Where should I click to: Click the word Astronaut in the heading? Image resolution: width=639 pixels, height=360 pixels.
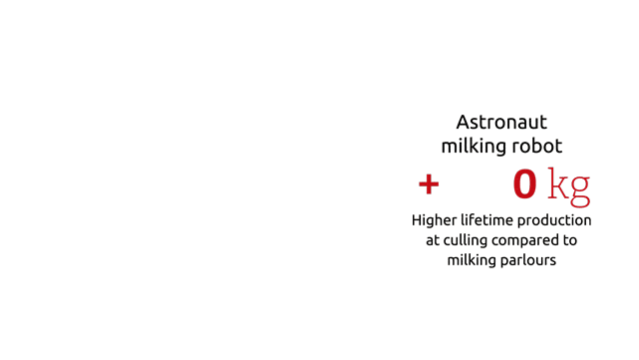(501, 122)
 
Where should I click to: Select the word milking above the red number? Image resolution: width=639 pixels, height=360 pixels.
(474, 147)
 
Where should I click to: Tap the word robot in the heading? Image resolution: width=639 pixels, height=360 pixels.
(537, 146)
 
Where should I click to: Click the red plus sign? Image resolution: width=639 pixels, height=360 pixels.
(429, 184)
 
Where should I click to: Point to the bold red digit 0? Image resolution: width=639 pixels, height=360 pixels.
(525, 184)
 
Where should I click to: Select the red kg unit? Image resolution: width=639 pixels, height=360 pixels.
(569, 187)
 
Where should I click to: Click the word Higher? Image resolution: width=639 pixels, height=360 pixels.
(434, 221)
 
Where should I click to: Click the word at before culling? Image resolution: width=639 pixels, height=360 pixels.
(433, 240)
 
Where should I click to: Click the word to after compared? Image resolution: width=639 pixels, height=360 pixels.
(570, 240)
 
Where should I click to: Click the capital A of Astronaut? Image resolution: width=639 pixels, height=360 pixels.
(463, 123)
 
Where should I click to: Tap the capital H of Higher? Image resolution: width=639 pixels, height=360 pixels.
(417, 220)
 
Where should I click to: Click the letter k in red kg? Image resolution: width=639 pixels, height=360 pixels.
(558, 182)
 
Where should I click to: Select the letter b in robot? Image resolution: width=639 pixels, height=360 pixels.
(536, 146)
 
